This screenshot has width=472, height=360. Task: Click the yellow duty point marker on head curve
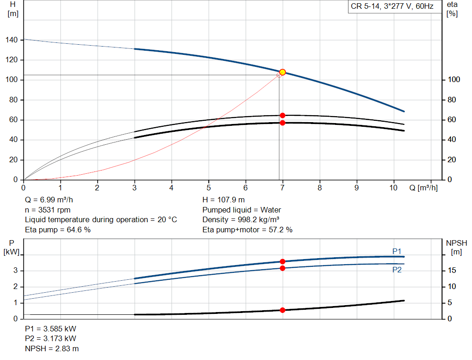pyautogui.click(x=283, y=72)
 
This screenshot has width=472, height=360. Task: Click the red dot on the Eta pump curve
pyautogui.click(x=283, y=115)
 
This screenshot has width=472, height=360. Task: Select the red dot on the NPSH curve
pyautogui.click(x=283, y=310)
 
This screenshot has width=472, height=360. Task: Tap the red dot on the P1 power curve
pyautogui.click(x=283, y=261)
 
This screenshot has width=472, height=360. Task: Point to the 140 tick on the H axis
pyautogui.click(x=12, y=41)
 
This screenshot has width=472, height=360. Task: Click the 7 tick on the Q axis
pyautogui.click(x=283, y=188)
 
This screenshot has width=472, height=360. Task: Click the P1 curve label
pyautogui.click(x=397, y=251)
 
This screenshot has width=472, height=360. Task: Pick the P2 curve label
pyautogui.click(x=397, y=270)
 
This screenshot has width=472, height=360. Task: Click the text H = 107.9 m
pyautogui.click(x=224, y=200)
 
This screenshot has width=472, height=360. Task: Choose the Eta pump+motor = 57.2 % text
pyautogui.click(x=248, y=230)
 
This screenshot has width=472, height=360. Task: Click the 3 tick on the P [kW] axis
pyautogui.click(x=15, y=271)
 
